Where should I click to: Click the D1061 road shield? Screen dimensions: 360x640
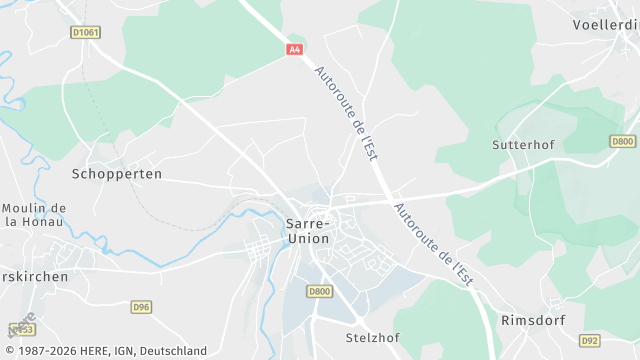click(86, 32)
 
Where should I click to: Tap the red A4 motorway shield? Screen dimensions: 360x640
click(294, 49)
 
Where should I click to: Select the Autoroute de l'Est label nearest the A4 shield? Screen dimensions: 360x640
click(346, 113)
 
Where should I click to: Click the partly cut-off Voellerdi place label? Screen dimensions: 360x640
click(606, 24)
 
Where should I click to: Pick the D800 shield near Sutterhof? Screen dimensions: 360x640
click(623, 142)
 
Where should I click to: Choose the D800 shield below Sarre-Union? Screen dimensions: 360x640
click(319, 291)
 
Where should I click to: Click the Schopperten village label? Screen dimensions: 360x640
click(117, 173)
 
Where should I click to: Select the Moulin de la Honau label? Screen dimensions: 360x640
click(33, 214)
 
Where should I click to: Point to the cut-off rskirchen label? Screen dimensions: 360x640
click(34, 276)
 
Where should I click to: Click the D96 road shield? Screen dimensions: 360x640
click(141, 307)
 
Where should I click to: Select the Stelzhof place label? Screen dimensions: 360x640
click(372, 337)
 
